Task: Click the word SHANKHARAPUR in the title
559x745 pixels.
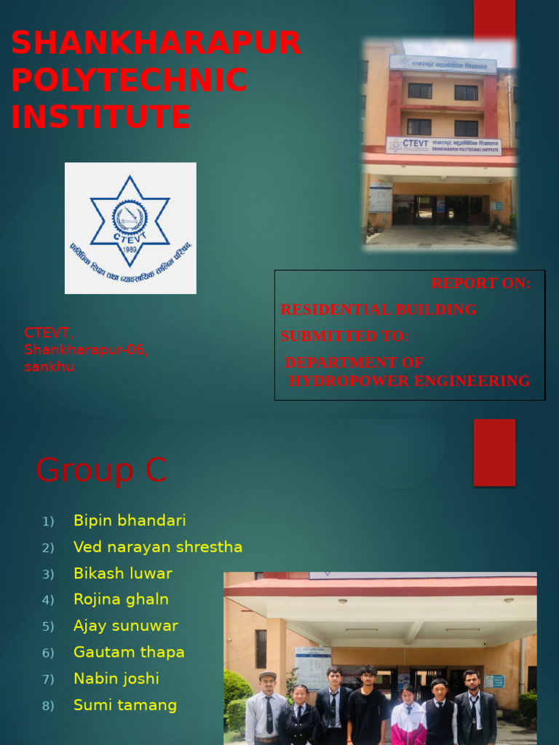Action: (156, 43)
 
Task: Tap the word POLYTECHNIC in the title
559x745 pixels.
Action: (130, 80)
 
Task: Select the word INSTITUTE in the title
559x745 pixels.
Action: (101, 117)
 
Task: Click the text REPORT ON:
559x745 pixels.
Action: (480, 284)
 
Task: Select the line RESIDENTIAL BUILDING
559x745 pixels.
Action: (378, 310)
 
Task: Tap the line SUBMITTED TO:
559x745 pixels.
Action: (345, 336)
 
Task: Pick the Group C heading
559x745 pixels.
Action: (101, 470)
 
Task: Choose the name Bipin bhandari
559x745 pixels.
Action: (130, 521)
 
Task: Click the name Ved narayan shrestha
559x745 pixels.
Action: (158, 547)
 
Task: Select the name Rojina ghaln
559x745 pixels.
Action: (121, 599)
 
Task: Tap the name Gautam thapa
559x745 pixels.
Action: (129, 653)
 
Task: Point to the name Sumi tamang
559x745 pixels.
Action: (125, 705)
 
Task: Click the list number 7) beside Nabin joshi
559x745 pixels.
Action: (48, 680)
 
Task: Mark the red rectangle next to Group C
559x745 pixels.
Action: (494, 452)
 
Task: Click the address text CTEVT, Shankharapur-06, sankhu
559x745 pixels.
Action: (86, 350)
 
